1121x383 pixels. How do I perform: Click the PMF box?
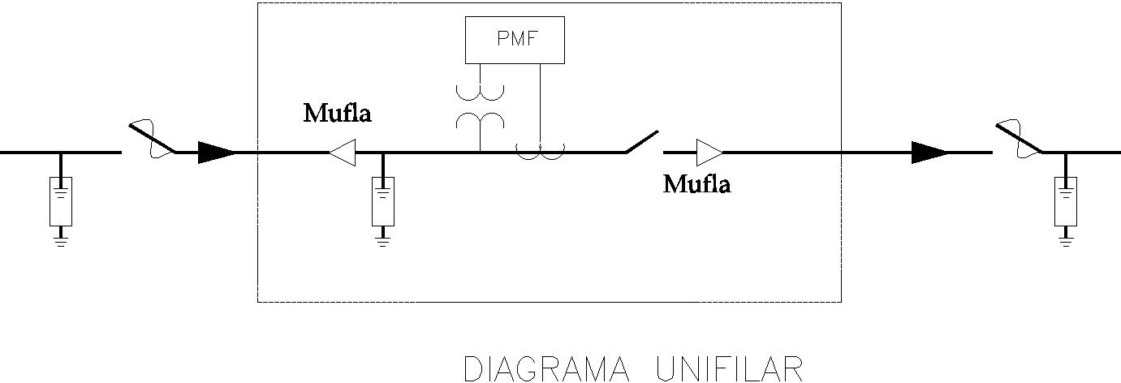pos(515,40)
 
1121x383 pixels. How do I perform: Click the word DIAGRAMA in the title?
pos(547,369)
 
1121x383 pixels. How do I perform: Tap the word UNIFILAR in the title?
pos(730,369)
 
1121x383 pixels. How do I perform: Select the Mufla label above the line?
pos(338,113)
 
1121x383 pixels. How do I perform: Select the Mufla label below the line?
pos(696,184)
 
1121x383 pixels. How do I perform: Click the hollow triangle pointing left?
pos(343,152)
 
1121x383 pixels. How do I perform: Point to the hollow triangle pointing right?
pos(709,152)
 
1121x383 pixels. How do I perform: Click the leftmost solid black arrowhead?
pos(217,152)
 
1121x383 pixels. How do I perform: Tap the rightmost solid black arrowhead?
pos(929,152)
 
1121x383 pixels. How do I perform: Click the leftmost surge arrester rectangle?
pos(61,201)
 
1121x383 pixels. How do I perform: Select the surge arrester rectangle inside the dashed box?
pos(383,201)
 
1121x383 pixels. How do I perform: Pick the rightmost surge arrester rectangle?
pos(1066,201)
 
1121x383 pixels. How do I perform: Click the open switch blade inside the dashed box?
pos(642,141)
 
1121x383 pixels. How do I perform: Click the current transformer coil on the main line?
pos(541,152)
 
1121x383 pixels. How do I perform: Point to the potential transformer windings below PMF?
pos(480,107)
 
